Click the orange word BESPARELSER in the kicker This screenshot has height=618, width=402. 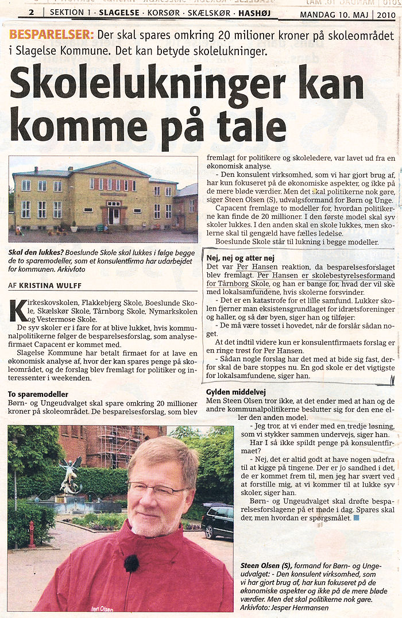pyautogui.click(x=51, y=34)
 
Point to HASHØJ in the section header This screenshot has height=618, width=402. pyautogui.click(x=255, y=12)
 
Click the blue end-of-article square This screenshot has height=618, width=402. pyautogui.click(x=356, y=518)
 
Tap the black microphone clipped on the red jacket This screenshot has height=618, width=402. pyautogui.click(x=132, y=563)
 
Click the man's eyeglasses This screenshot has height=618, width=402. pyautogui.click(x=156, y=489)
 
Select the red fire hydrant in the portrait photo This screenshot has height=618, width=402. pyautogui.click(x=32, y=534)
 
